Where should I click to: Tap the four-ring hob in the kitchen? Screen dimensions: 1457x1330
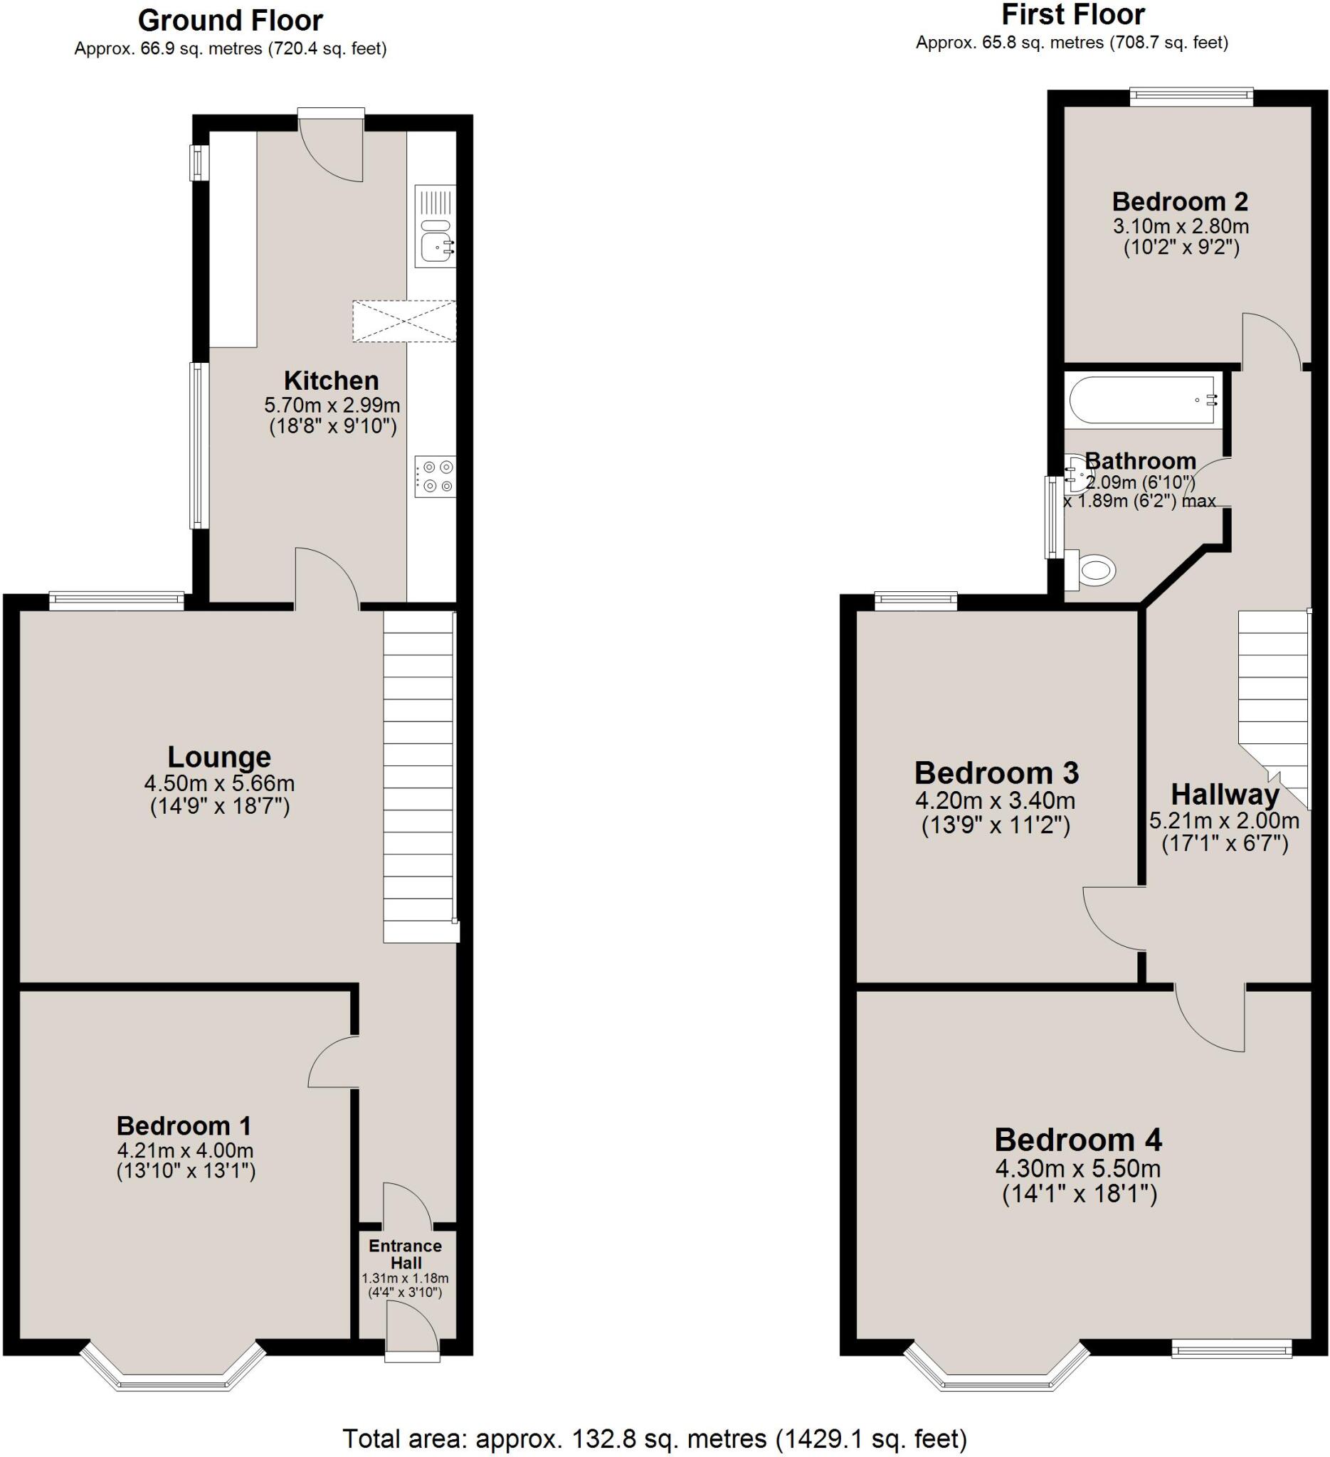[x=435, y=477]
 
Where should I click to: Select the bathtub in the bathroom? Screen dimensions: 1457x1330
[x=1142, y=400]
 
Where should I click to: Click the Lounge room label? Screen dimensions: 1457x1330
[x=219, y=757]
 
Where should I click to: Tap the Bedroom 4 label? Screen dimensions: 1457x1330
[x=1077, y=1140]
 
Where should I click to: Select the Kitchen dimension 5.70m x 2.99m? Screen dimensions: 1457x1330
[x=332, y=405]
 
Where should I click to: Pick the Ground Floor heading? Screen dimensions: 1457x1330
[x=230, y=21]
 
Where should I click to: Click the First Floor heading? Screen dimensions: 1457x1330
[x=1072, y=15]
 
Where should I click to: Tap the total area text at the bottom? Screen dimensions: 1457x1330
[x=654, y=1439]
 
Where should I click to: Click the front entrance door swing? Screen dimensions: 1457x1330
[x=411, y=1330]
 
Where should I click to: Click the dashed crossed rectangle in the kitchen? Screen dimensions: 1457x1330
[x=404, y=322]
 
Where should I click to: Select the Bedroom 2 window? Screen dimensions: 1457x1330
[x=1191, y=97]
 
